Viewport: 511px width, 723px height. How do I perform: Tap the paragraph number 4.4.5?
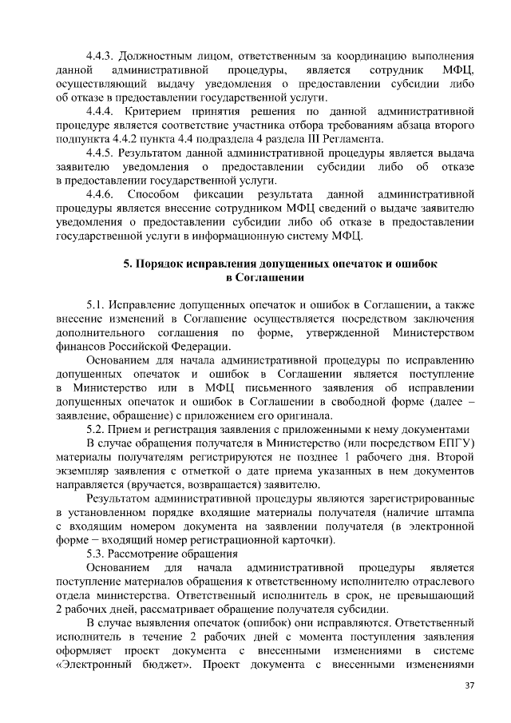point(101,153)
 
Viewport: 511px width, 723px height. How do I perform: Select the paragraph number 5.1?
point(97,305)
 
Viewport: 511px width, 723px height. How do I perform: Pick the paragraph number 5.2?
point(97,429)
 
